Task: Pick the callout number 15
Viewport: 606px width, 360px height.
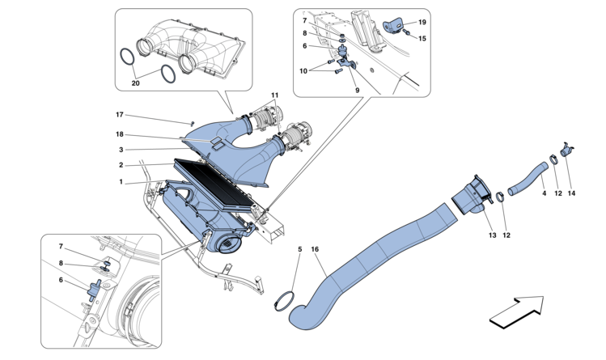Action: (x=422, y=38)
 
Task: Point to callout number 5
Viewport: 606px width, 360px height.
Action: (x=299, y=251)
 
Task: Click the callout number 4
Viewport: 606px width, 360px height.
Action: (x=543, y=194)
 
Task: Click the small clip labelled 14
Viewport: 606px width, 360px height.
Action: (x=566, y=151)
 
